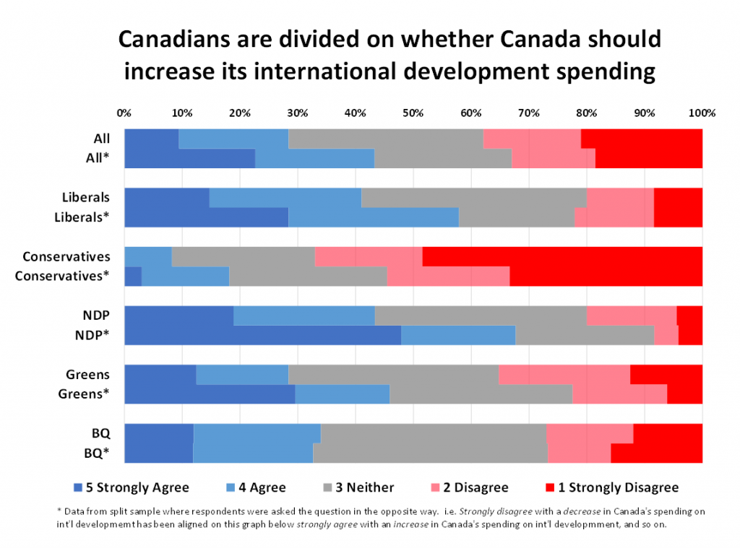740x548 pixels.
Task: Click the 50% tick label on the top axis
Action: (413, 113)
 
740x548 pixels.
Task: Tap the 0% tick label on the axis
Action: (124, 113)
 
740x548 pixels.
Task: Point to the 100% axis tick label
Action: (702, 113)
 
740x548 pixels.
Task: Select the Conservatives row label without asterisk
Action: (66, 256)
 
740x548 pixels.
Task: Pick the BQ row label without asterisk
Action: (100, 433)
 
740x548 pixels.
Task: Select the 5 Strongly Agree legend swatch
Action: (78, 487)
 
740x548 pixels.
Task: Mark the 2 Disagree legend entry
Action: (474, 487)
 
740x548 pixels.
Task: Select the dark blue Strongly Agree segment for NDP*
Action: (262, 335)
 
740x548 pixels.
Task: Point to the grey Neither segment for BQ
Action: (433, 433)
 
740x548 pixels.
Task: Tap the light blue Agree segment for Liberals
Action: (285, 197)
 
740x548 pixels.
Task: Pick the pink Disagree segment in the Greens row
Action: (564, 374)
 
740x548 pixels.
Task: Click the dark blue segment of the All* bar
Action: (189, 158)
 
